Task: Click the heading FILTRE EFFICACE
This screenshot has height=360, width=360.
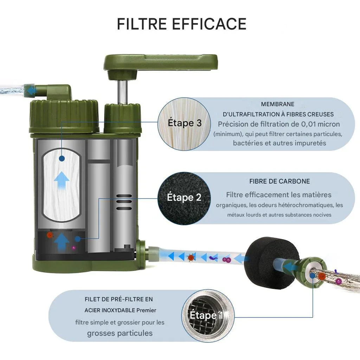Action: click(x=182, y=24)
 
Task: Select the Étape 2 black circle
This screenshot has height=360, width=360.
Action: click(x=184, y=198)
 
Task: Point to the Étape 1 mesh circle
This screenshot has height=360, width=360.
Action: click(x=208, y=316)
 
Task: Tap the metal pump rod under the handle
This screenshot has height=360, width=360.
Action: click(x=122, y=92)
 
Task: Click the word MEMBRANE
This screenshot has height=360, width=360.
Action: click(x=278, y=104)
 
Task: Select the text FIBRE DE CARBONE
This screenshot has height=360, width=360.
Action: click(x=279, y=181)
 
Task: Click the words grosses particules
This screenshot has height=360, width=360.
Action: click(x=120, y=333)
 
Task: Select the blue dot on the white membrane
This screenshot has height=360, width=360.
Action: click(x=62, y=159)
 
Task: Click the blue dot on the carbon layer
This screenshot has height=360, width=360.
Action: click(x=78, y=239)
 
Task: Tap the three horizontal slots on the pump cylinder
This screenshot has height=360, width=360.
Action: click(x=124, y=202)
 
